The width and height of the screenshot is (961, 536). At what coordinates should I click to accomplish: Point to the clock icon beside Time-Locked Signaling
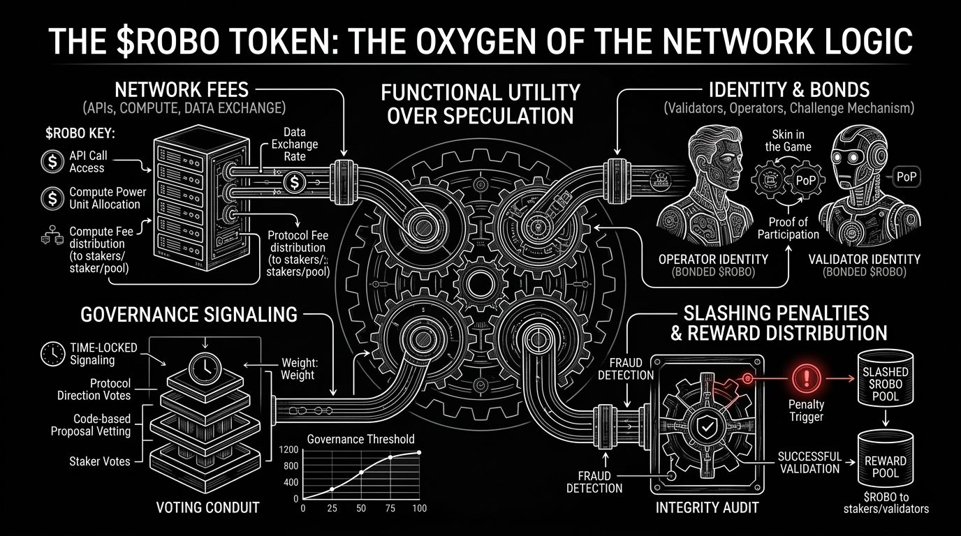pyautogui.click(x=52, y=354)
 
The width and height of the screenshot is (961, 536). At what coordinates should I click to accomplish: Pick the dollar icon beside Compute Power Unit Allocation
pyautogui.click(x=51, y=198)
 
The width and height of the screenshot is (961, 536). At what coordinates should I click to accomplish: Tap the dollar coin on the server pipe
pyautogui.click(x=294, y=182)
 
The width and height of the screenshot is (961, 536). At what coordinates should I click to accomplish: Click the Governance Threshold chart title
pyautogui.click(x=361, y=439)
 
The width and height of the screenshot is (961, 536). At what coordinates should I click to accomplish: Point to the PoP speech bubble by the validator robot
pyautogui.click(x=907, y=178)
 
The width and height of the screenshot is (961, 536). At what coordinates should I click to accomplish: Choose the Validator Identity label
pyautogui.click(x=863, y=259)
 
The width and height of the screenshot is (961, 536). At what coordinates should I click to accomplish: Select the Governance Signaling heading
pyautogui.click(x=189, y=314)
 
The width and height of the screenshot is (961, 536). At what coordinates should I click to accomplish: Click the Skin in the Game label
pyautogui.click(x=788, y=140)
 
